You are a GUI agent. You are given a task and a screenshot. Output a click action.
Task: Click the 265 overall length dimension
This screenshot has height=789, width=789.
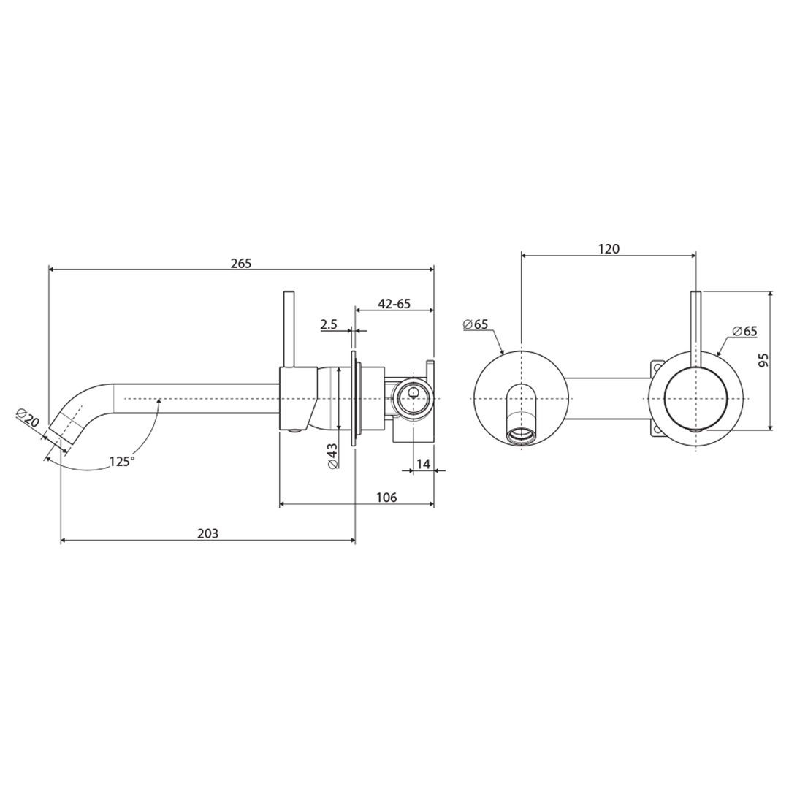[240, 263]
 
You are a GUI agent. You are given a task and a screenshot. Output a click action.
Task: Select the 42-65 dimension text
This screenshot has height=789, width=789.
[394, 304]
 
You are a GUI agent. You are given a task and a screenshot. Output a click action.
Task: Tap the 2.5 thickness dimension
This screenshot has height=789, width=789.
[329, 324]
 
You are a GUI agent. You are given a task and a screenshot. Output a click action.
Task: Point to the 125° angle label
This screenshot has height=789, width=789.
[122, 462]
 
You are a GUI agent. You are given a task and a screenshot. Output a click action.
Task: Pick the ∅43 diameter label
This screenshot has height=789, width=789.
[332, 455]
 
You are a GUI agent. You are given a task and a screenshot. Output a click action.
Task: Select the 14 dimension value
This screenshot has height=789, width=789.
[423, 464]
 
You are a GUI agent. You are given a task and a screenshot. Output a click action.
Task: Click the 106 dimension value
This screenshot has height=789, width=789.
[386, 498]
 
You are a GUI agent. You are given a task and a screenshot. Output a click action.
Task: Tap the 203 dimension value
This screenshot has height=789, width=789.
[207, 534]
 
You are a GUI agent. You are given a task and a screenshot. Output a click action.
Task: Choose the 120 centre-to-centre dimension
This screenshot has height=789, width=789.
[608, 248]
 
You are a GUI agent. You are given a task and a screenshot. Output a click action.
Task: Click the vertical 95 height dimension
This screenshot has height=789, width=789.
[763, 360]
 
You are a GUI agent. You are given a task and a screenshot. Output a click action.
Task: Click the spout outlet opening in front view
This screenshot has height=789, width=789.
[521, 435]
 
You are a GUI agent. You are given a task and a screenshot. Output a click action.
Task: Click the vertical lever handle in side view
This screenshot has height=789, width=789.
[289, 329]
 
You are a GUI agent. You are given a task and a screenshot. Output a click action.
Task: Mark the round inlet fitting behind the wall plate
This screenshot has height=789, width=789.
[413, 398]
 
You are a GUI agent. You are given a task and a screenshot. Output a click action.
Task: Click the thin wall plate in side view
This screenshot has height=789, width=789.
[355, 398]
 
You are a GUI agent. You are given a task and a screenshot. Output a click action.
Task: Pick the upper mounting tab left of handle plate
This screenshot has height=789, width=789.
[657, 365]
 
